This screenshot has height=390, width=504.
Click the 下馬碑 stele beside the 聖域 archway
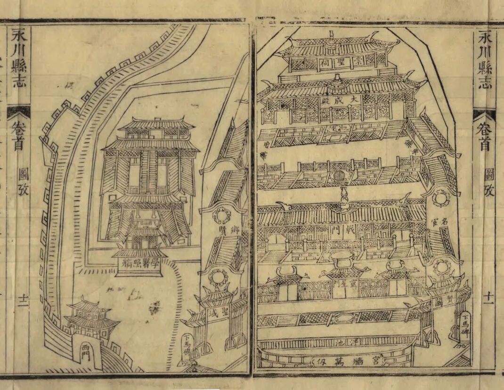point(187,347)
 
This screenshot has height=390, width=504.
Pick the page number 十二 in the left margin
point(22,300)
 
